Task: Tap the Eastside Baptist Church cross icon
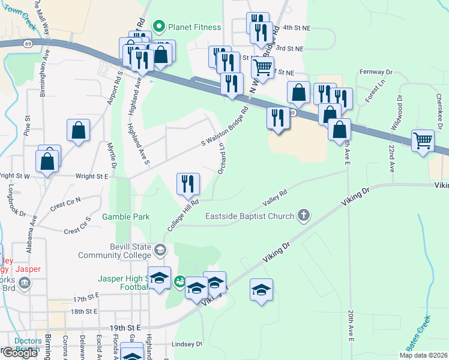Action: point(304,215)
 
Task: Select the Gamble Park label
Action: point(125,217)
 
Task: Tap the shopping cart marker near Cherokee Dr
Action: point(423,142)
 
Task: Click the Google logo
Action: point(20,353)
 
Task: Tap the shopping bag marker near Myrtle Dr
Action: point(78,130)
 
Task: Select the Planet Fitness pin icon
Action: point(159,26)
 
